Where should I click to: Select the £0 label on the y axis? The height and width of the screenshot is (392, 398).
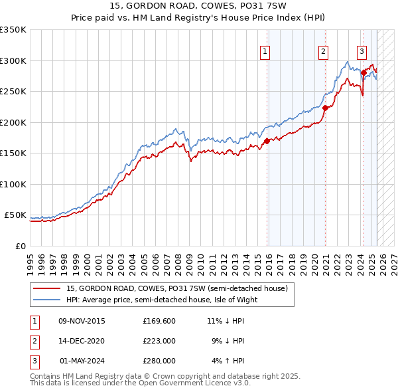point(21,246)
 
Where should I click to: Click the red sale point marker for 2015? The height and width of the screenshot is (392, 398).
point(267,141)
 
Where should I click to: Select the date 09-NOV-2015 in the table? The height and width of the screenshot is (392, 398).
point(82,321)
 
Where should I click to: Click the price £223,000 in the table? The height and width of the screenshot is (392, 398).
point(159,341)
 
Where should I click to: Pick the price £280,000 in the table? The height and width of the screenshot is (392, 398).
point(159,361)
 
